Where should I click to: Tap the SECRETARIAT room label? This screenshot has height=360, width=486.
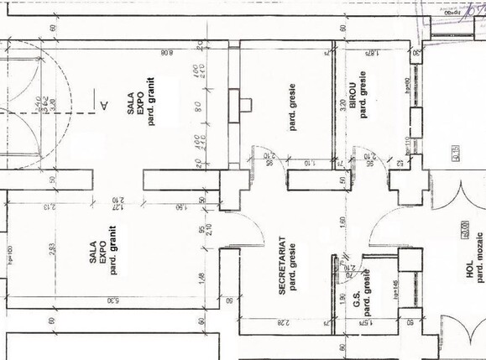tap(283, 263)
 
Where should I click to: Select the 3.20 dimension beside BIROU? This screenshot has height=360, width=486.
tap(342, 107)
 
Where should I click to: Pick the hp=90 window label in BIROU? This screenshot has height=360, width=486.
tap(406, 91)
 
